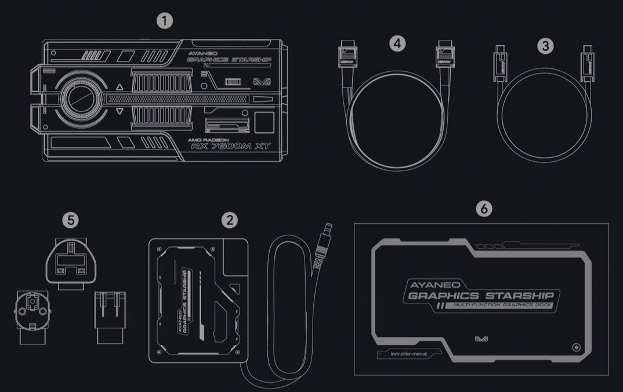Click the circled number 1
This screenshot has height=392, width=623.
165,21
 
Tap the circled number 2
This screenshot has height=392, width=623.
230,220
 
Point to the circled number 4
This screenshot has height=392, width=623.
397,43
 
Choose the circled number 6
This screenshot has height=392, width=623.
483,208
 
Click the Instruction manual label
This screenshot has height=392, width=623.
408,354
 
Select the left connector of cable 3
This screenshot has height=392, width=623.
498,61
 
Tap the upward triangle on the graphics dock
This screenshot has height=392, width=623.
119,88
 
